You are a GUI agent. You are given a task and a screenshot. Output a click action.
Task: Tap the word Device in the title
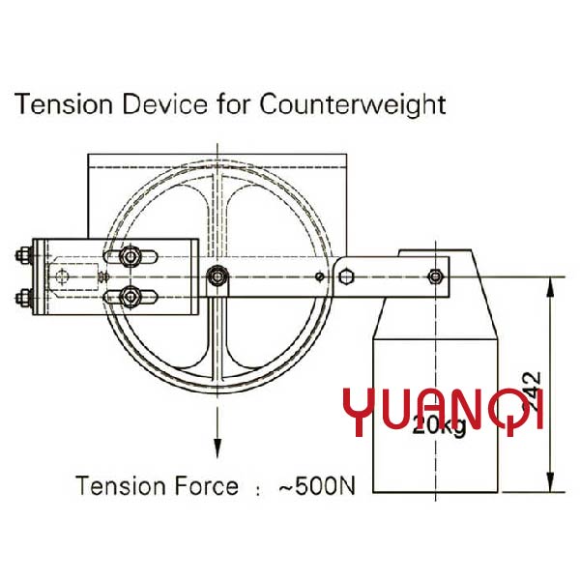157,104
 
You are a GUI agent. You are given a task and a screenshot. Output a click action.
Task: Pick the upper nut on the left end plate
20,258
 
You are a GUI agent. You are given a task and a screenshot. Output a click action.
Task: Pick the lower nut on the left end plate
20,296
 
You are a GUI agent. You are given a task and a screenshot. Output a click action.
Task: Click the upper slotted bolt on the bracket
130,257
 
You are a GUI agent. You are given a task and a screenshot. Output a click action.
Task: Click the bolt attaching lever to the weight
437,277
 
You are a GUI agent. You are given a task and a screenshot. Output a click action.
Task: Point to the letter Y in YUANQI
360,411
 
